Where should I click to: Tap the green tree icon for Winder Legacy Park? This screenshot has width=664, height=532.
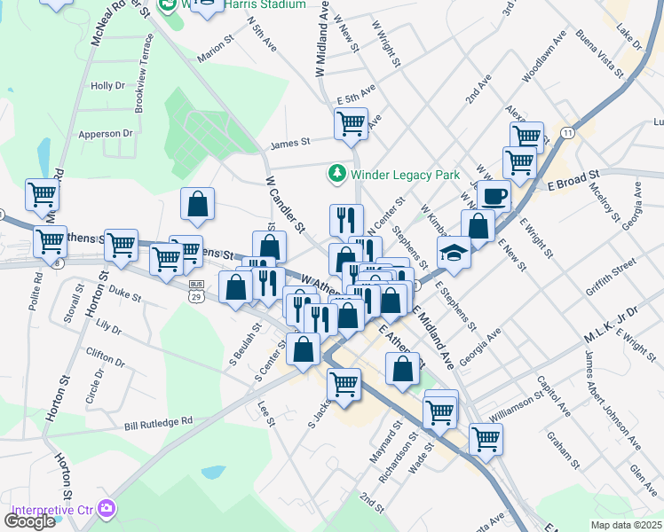tap(336, 172)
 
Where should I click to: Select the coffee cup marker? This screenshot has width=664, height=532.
tap(494, 195)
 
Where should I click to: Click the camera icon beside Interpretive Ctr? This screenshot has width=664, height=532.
tap(107, 508)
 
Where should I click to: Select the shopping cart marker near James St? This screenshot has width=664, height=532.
tap(351, 123)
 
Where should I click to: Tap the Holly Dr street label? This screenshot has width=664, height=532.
tap(108, 86)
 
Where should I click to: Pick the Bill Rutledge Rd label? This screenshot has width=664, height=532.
tap(158, 424)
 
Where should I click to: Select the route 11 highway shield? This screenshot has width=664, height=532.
tap(566, 132)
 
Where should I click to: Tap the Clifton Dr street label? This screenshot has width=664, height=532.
tap(105, 356)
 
